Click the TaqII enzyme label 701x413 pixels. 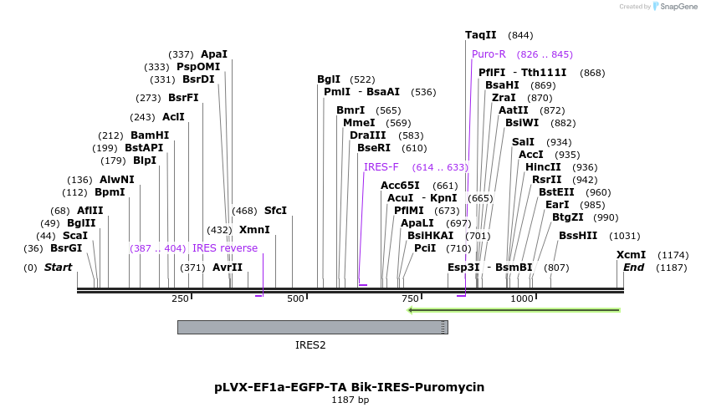tap(481, 35)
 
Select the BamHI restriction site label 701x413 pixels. tap(150, 135)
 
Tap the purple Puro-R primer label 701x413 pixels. tap(489, 54)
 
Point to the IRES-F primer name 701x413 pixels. tap(381, 167)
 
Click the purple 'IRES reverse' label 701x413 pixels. tap(225, 248)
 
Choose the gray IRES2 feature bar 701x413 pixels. tap(313, 327)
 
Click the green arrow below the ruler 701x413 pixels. tap(514, 310)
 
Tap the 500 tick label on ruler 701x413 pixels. tap(295, 298)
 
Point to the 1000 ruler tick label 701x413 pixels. tap(522, 298)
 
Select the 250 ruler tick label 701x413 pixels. tap(180, 298)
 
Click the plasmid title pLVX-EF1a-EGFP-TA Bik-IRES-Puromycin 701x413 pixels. tap(349, 387)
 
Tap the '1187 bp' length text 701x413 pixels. tap(350, 400)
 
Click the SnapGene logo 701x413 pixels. tap(675, 7)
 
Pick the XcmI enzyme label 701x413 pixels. tap(631, 255)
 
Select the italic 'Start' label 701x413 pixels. tap(58, 268)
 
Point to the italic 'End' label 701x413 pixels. tap(633, 268)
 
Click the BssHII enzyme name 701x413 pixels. tap(578, 236)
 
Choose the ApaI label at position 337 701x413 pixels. tap(214, 54)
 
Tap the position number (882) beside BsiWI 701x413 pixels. tap(563, 123)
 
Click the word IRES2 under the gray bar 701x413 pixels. tap(310, 345)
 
